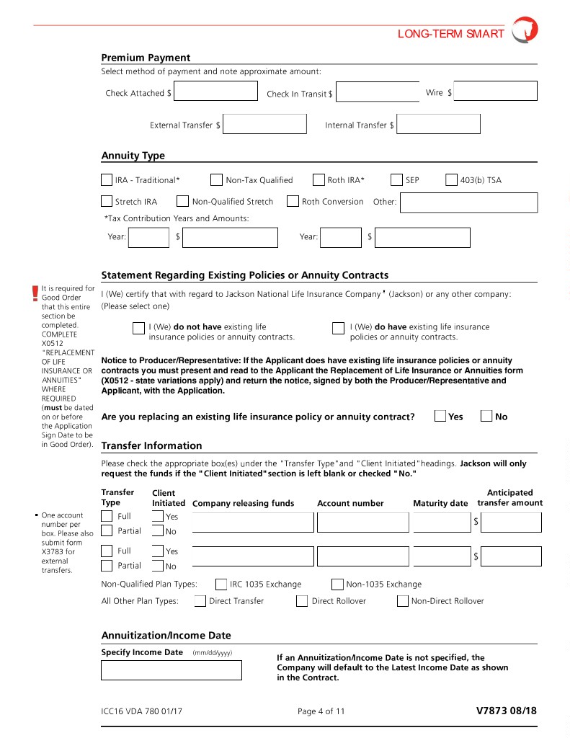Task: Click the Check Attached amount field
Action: coord(215,92)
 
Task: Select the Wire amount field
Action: coord(495,92)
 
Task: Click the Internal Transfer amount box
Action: coord(438,124)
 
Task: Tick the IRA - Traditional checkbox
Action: coord(107,180)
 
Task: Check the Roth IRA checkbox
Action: coord(319,180)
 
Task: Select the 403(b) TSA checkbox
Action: coord(452,180)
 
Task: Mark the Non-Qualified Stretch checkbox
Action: coord(183,202)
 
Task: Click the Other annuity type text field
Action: coord(468,203)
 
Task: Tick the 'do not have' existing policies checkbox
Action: coord(138,329)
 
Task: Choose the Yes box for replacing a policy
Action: coord(440,416)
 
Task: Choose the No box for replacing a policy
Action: coord(486,416)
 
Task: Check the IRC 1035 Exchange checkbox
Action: coord(221,584)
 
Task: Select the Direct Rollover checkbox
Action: coord(302,601)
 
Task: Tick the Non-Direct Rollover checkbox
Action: coord(403,601)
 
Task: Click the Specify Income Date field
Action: coord(171,670)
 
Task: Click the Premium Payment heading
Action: coord(146,58)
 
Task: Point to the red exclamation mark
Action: coord(35,293)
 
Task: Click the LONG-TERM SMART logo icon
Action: coord(525,31)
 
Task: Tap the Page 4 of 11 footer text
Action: coord(321,711)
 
